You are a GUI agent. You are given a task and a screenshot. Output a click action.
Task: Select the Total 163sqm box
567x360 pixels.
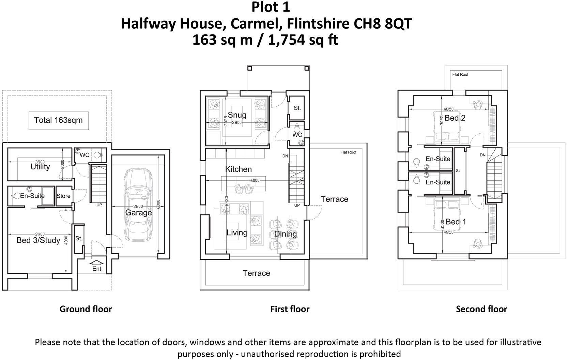(58, 120)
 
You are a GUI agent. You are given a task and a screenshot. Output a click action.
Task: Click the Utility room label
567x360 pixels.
(40, 167)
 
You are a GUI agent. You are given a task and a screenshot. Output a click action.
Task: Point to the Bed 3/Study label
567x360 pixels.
(38, 240)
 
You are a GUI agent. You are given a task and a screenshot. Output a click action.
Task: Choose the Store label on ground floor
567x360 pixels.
(63, 196)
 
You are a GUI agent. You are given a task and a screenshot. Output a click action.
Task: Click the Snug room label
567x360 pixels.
(237, 115)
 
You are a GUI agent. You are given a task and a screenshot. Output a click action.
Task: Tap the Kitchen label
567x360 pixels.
(239, 169)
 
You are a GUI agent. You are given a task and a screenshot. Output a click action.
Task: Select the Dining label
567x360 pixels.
(286, 234)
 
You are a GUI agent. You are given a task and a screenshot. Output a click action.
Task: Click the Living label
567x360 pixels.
(237, 232)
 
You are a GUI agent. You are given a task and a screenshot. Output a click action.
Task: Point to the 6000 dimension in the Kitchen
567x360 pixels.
(255, 180)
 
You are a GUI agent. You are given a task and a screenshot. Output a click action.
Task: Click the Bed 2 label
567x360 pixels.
(455, 118)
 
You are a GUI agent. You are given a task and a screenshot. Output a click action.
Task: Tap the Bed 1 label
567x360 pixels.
(456, 222)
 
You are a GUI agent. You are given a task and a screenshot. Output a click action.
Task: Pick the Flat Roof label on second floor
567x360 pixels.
(460, 74)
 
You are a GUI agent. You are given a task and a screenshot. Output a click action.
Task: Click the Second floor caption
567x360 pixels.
(481, 309)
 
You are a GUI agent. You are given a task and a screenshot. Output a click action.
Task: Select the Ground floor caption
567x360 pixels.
(86, 309)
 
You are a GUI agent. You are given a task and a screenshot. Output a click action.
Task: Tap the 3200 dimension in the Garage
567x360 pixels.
(138, 206)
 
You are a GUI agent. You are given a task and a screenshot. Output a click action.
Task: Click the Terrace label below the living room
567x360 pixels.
(256, 273)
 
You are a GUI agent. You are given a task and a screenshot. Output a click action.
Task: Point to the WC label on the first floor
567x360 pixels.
(297, 135)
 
